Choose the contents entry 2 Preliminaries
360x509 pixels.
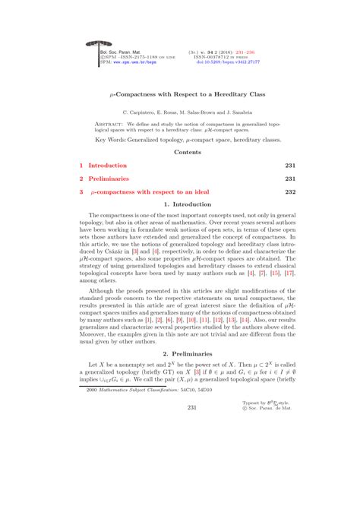pyautogui.click(x=104, y=179)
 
